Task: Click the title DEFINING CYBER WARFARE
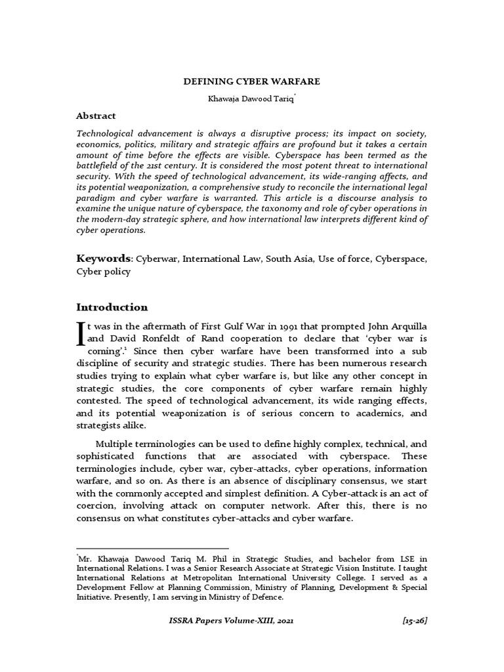[251, 81]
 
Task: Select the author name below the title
[251, 98]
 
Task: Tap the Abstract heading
[96, 115]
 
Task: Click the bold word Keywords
[104, 259]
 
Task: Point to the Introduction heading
[112, 307]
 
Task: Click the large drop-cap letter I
[81, 331]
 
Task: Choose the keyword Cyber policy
[104, 272]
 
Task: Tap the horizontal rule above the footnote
[152, 547]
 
